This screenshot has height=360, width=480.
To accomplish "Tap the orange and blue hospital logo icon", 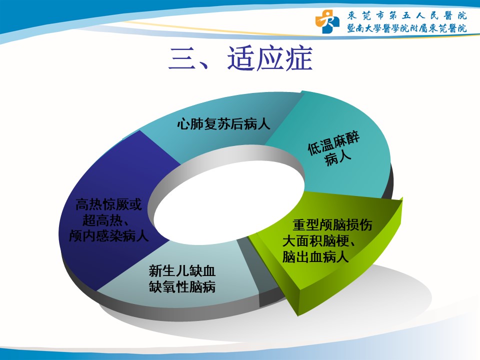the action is (x=327, y=21).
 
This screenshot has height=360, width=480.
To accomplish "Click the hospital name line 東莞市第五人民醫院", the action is (x=407, y=15).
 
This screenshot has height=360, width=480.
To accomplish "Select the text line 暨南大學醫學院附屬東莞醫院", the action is (x=407, y=28).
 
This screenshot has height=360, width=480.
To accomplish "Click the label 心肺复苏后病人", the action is (x=223, y=124).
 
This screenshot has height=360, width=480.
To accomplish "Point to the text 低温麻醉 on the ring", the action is (x=333, y=143).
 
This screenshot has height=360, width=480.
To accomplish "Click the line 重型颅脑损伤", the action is (x=332, y=225).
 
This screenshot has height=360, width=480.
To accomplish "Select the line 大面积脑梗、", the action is (x=318, y=241).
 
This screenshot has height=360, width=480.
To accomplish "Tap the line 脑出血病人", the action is (x=315, y=256).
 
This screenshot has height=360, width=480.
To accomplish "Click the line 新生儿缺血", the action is (x=182, y=271).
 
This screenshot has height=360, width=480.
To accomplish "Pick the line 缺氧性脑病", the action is (x=182, y=287).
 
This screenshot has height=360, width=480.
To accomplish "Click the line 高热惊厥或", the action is (x=109, y=204).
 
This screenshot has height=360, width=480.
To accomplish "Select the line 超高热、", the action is (x=105, y=220).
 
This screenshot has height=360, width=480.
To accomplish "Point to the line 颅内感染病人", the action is (x=109, y=235).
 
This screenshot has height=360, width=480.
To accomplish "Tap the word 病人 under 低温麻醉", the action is (x=338, y=159).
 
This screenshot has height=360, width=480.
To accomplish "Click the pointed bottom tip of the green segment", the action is (x=297, y=315).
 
